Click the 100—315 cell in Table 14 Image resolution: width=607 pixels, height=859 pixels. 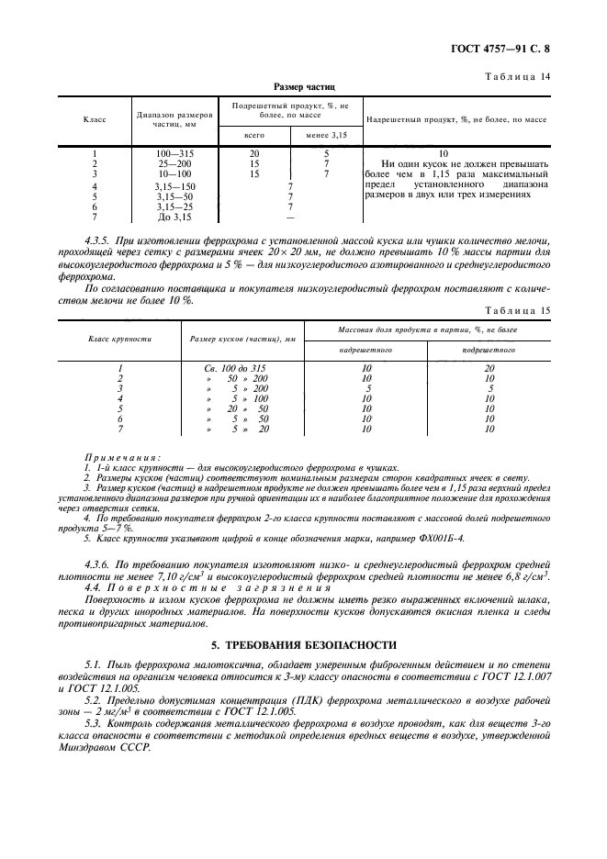coord(174,152)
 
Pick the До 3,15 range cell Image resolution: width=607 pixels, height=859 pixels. coord(174,218)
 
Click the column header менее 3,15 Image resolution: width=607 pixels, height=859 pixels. coord(326,135)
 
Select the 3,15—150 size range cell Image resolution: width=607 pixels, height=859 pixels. coord(174,185)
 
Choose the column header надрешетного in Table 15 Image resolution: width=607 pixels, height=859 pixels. coord(367,350)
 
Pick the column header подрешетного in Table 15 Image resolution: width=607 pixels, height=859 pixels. coord(489,350)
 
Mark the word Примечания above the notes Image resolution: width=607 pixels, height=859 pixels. coord(122,457)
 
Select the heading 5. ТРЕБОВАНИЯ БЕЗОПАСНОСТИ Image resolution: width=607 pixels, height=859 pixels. coord(304,645)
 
